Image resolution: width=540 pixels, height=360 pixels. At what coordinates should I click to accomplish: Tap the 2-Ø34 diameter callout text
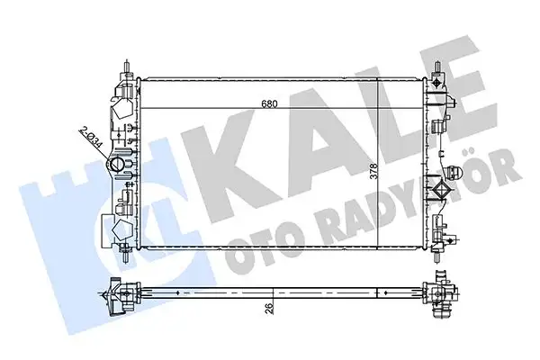(90, 141)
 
